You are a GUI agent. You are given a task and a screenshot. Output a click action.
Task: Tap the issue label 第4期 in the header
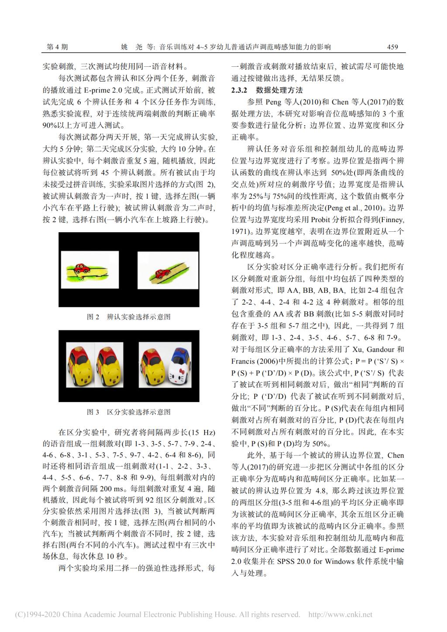(57, 47)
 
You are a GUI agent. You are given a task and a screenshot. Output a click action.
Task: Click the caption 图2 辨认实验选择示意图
(129, 317)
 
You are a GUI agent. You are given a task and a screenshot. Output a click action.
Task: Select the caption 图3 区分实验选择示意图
(129, 412)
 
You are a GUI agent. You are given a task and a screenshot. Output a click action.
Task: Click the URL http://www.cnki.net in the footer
(340, 615)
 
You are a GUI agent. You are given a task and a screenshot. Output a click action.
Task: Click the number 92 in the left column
(151, 500)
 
